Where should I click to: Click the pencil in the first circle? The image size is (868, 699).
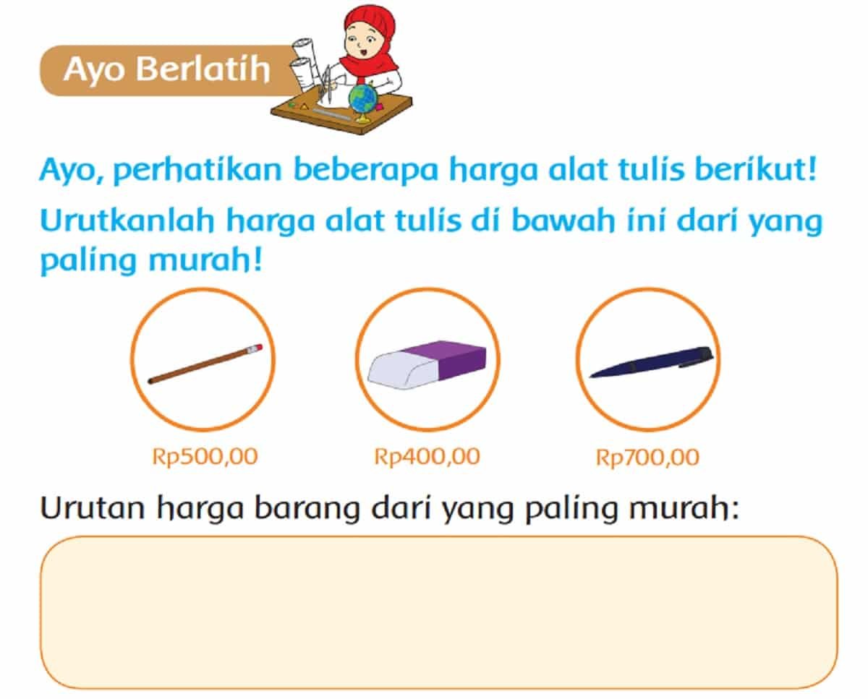(205, 364)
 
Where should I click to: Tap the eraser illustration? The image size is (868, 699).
(427, 364)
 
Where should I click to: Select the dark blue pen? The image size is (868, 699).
(651, 362)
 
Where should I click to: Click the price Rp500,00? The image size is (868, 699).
(205, 457)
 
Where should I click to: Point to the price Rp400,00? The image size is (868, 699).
(427, 457)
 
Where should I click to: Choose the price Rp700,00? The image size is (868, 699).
(647, 458)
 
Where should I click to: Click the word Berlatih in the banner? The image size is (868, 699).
(203, 69)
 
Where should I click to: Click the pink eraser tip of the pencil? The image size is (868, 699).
(256, 348)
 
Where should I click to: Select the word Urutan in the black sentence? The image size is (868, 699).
(93, 508)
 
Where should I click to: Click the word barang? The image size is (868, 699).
(307, 510)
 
